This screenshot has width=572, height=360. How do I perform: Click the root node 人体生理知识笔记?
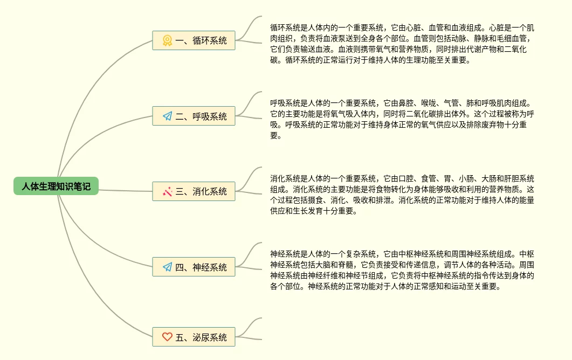coord(56,186)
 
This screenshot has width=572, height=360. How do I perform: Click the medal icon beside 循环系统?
coord(167,40)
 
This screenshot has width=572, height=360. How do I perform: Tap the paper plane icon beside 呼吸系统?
coord(167,116)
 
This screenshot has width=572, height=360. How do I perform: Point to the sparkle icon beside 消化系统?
coord(167,191)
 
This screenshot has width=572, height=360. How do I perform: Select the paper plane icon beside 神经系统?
coord(167,267)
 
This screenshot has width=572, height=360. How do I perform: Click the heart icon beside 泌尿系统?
coord(167,337)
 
